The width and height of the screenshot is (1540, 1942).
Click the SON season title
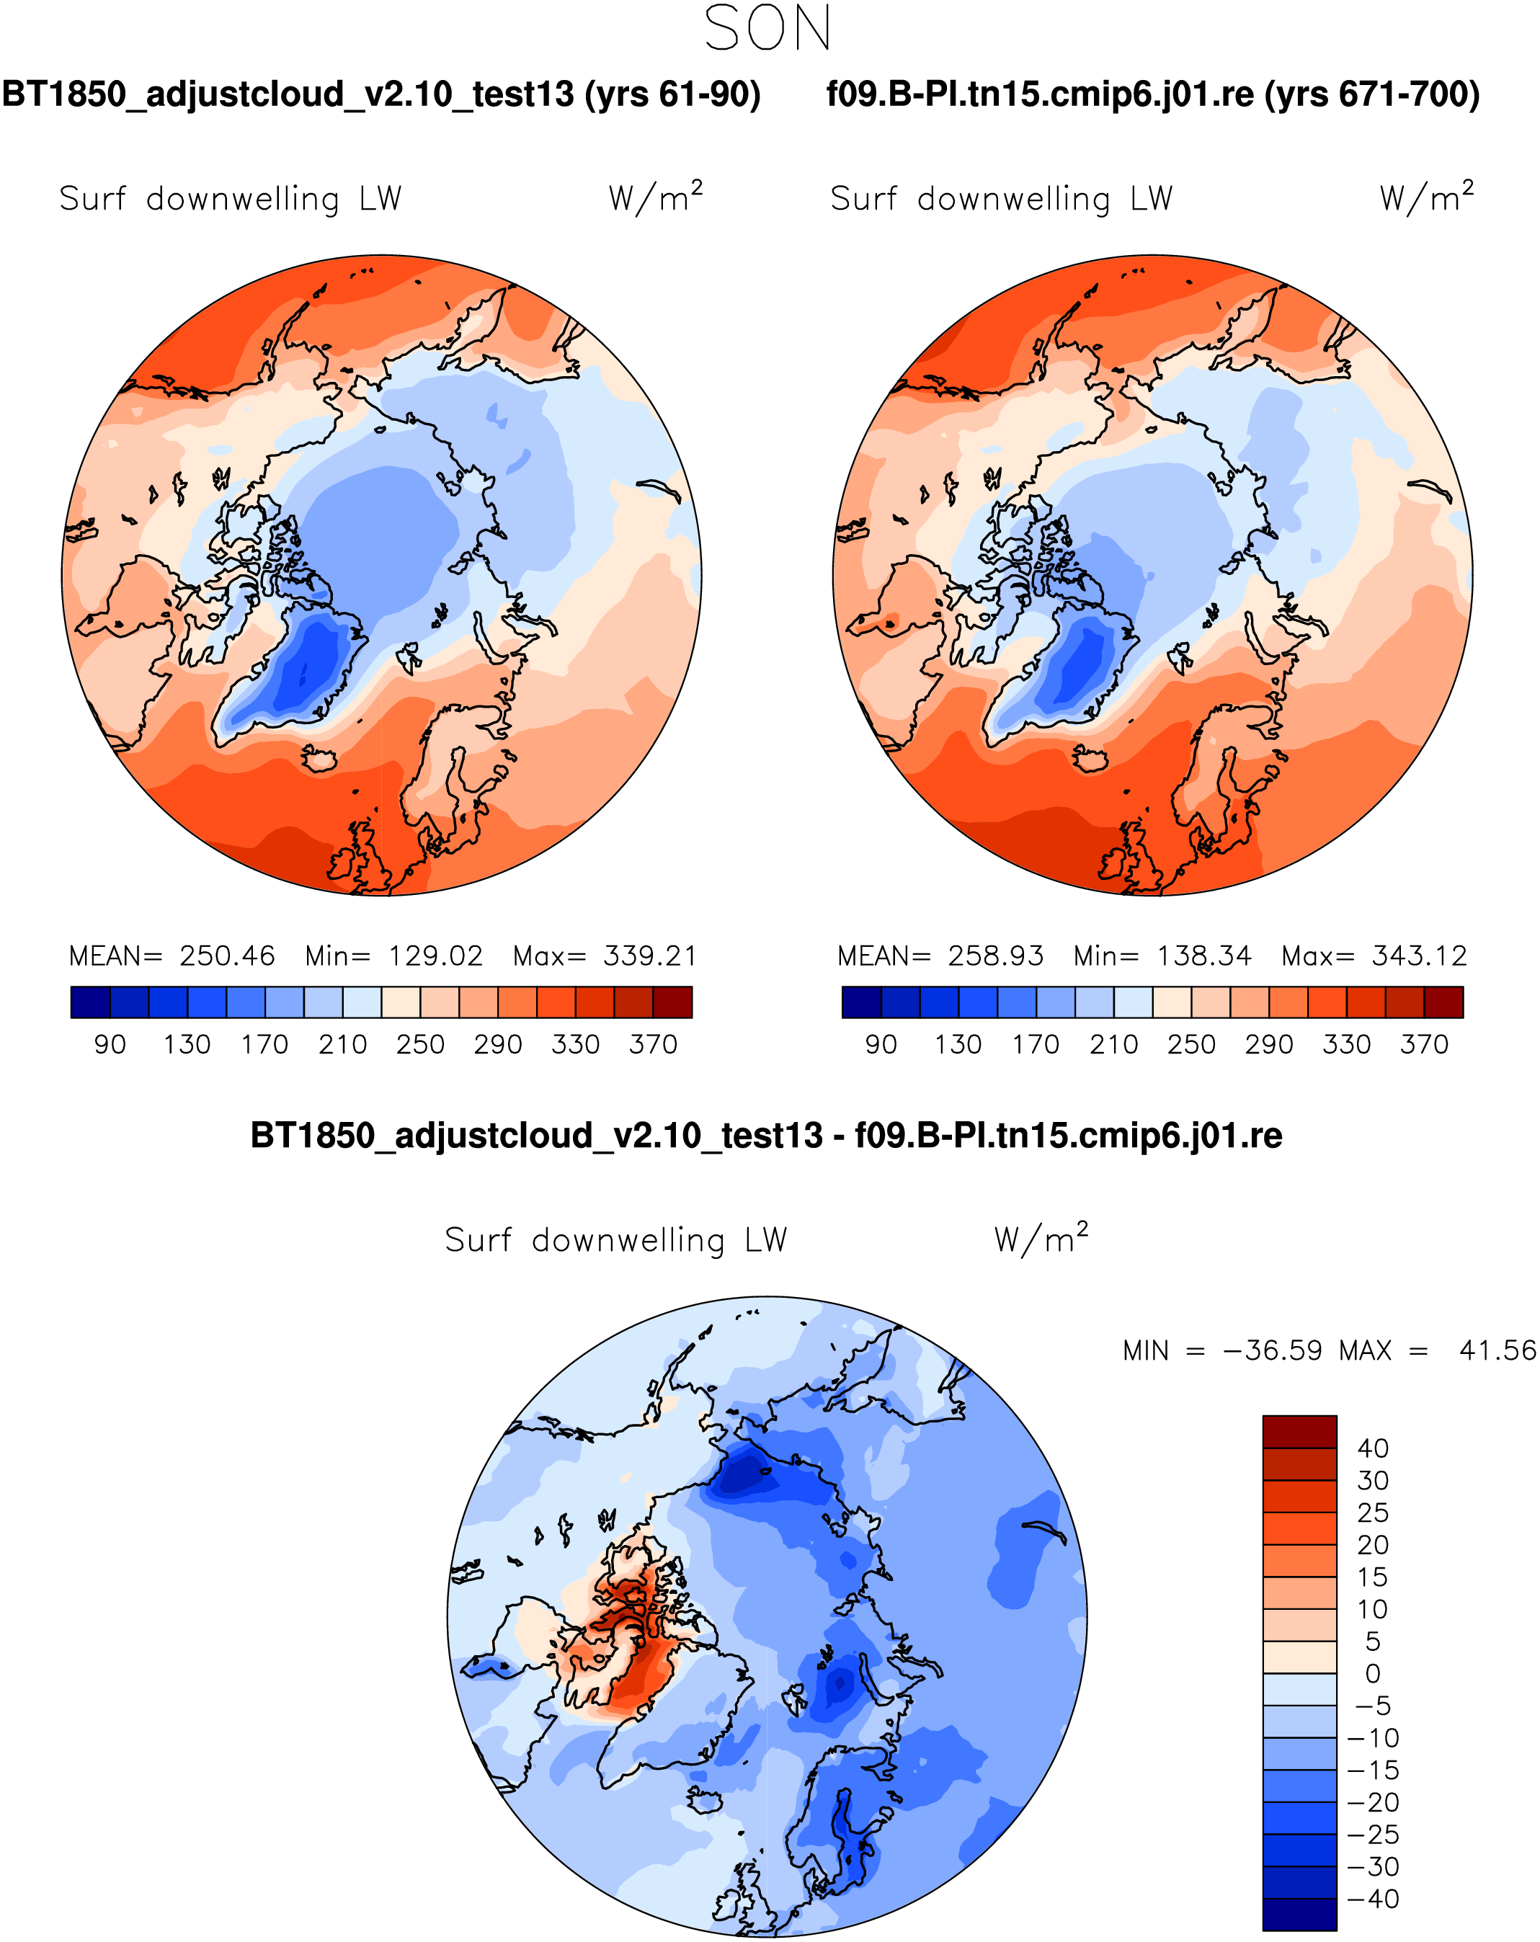point(767,29)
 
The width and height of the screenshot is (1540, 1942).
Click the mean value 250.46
point(227,956)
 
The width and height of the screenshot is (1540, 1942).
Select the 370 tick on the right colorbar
point(1425,1045)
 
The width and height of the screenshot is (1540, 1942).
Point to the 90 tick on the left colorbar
point(110,1045)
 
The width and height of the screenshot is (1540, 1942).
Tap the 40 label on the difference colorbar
point(1373,1448)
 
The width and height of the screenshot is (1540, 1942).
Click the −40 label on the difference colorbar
point(1373,1899)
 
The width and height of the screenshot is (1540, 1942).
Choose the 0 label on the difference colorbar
point(1373,1673)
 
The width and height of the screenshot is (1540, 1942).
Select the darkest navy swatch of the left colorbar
point(90,1002)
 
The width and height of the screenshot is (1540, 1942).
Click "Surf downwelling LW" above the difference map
point(616,1240)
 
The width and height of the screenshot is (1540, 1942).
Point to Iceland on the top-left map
point(318,758)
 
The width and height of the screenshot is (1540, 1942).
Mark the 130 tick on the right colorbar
point(958,1045)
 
